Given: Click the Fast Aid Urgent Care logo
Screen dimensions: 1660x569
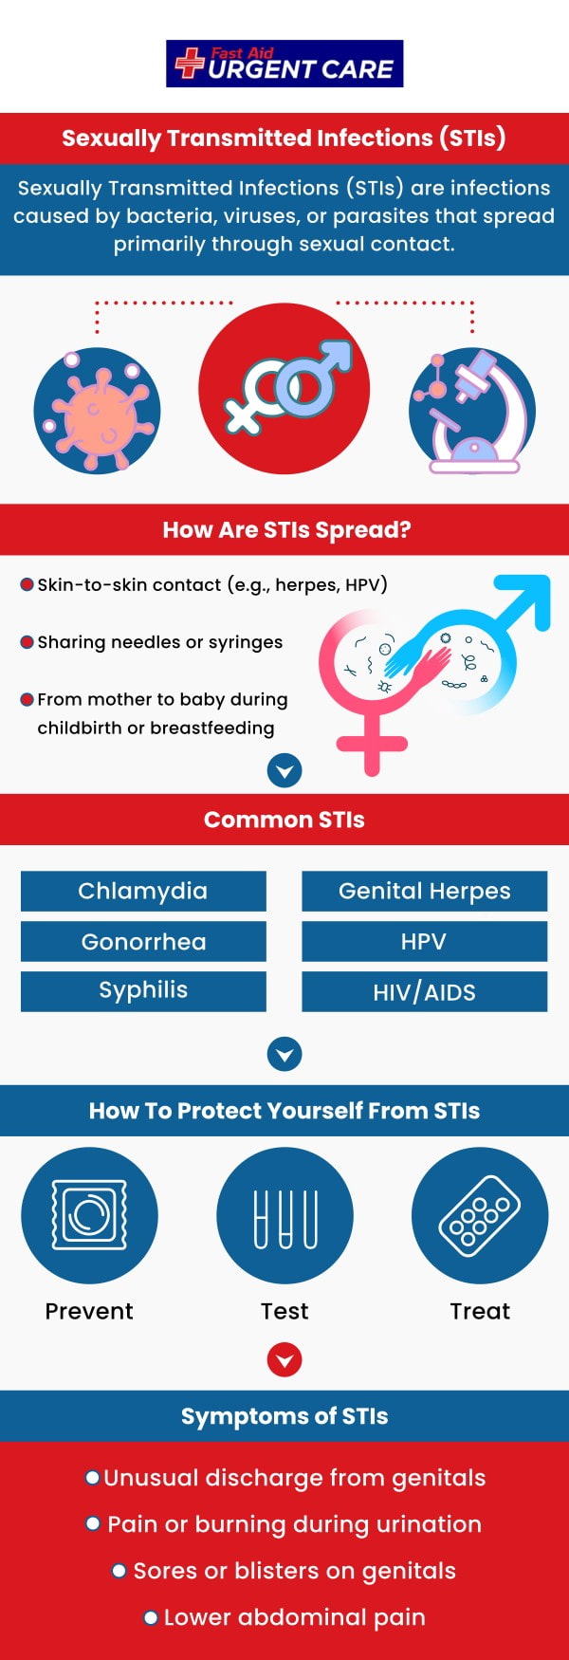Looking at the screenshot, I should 284,64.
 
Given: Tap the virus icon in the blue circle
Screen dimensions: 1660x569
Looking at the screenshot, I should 97,411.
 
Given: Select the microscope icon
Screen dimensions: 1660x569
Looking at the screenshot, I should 472,411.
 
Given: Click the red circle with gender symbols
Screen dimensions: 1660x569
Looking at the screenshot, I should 284,389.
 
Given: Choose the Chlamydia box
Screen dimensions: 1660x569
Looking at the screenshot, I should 143,891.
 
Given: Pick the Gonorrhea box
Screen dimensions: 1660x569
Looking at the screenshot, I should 143,941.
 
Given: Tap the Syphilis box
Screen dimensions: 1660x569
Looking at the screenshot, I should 143,990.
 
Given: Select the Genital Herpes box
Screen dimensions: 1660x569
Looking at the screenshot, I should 424,891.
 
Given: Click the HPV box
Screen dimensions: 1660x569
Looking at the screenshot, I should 424,941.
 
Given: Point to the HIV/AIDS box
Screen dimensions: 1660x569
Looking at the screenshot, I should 424,991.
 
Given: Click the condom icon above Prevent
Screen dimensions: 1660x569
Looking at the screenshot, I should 89,1215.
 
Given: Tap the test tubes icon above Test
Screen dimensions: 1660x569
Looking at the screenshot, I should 284,1215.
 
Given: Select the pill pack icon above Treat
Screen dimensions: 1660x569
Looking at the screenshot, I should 480,1215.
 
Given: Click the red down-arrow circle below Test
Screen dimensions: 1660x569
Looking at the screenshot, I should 284,1360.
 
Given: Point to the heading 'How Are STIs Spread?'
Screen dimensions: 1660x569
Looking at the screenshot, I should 286,529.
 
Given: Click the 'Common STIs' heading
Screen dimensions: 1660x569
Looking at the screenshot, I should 284,820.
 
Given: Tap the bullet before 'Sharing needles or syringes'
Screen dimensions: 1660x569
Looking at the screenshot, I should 28,642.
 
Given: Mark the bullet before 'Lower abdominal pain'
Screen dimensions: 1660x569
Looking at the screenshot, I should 151,1617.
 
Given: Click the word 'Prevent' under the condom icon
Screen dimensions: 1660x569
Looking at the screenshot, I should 89,1311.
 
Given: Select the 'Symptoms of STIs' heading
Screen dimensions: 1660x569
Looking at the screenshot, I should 284,1416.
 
